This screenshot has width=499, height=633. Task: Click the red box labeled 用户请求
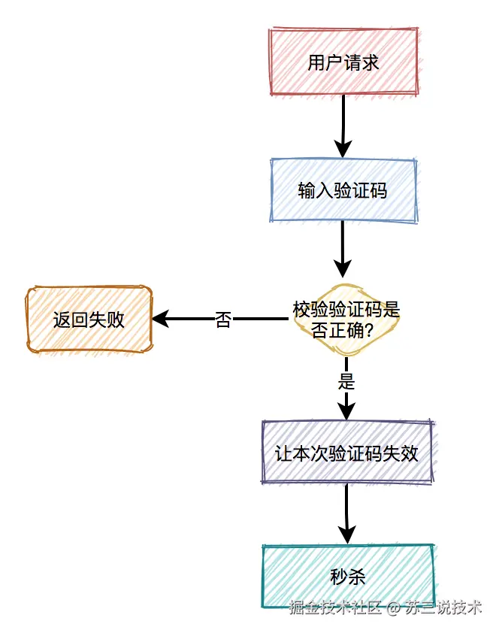click(343, 62)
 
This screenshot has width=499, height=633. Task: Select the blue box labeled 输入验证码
click(343, 191)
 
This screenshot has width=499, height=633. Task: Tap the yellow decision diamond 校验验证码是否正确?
click(346, 320)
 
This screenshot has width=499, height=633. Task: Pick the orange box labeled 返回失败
click(89, 320)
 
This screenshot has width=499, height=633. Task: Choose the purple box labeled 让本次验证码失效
click(346, 453)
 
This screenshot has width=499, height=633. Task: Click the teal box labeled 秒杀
click(348, 577)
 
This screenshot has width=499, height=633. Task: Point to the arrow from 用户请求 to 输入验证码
click(343, 124)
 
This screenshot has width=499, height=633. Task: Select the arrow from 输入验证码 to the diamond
click(343, 248)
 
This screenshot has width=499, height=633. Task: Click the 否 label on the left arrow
click(223, 320)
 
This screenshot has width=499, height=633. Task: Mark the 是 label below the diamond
click(346, 381)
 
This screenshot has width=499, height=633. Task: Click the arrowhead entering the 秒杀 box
click(346, 535)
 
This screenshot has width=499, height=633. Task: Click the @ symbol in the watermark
click(394, 607)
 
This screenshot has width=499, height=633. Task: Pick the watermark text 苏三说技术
click(443, 607)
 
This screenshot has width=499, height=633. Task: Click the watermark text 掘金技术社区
click(336, 607)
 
